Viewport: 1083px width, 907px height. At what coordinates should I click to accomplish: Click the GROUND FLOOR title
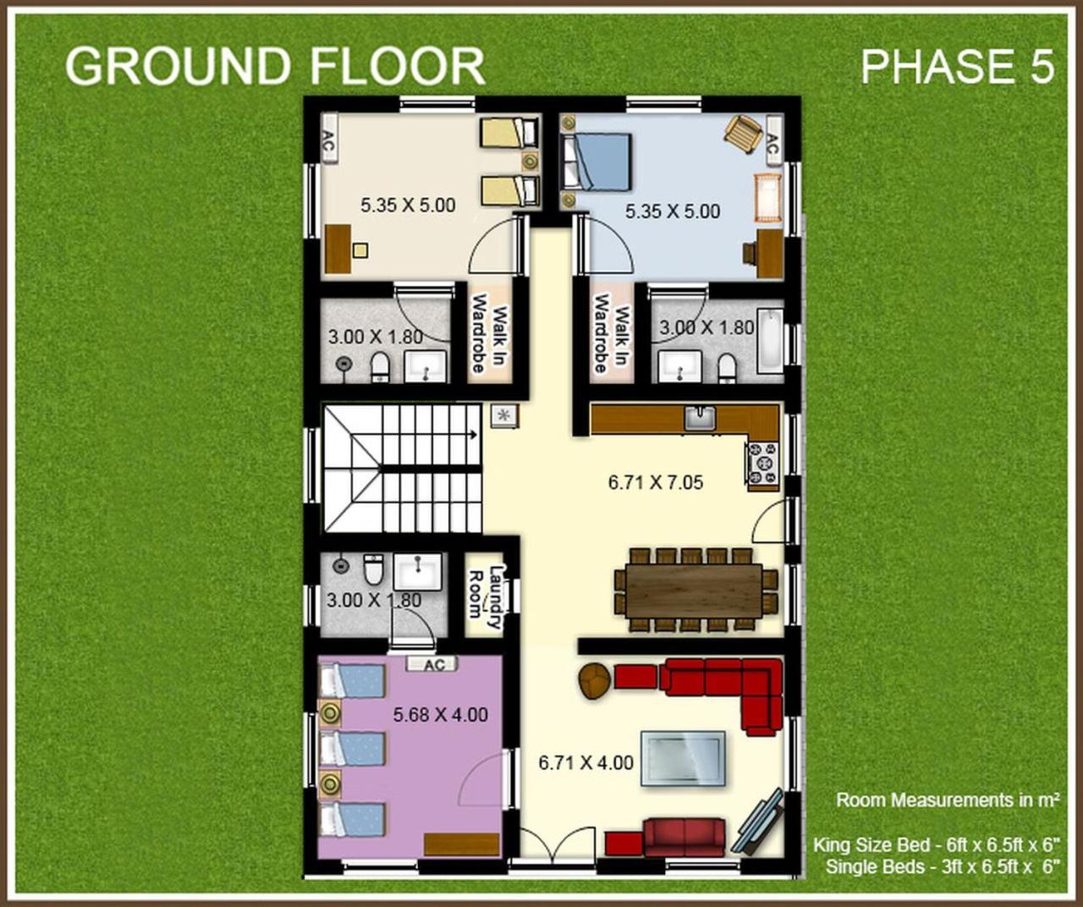click(275, 66)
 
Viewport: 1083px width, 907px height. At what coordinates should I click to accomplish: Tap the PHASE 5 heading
click(958, 66)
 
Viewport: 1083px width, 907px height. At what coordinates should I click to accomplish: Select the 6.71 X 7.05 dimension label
click(656, 482)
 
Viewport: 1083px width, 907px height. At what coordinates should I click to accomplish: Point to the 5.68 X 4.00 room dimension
click(440, 715)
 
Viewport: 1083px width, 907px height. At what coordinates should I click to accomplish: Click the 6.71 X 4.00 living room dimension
click(586, 763)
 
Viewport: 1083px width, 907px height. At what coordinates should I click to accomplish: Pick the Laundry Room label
click(485, 596)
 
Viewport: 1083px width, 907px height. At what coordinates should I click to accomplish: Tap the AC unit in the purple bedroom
click(432, 665)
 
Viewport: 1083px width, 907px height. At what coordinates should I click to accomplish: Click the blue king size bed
click(597, 162)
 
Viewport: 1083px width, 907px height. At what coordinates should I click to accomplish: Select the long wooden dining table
click(694, 591)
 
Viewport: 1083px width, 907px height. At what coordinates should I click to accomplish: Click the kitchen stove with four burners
click(763, 464)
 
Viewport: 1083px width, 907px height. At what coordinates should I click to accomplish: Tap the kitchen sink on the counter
click(701, 419)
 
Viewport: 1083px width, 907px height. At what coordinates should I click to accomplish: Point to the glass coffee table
click(683, 759)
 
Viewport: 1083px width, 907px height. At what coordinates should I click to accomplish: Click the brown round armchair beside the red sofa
click(596, 681)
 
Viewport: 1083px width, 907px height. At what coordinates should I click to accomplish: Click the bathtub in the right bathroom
click(770, 340)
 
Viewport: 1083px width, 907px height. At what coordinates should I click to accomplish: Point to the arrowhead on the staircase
click(473, 435)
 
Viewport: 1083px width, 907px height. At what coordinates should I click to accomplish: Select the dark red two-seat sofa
click(684, 838)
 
